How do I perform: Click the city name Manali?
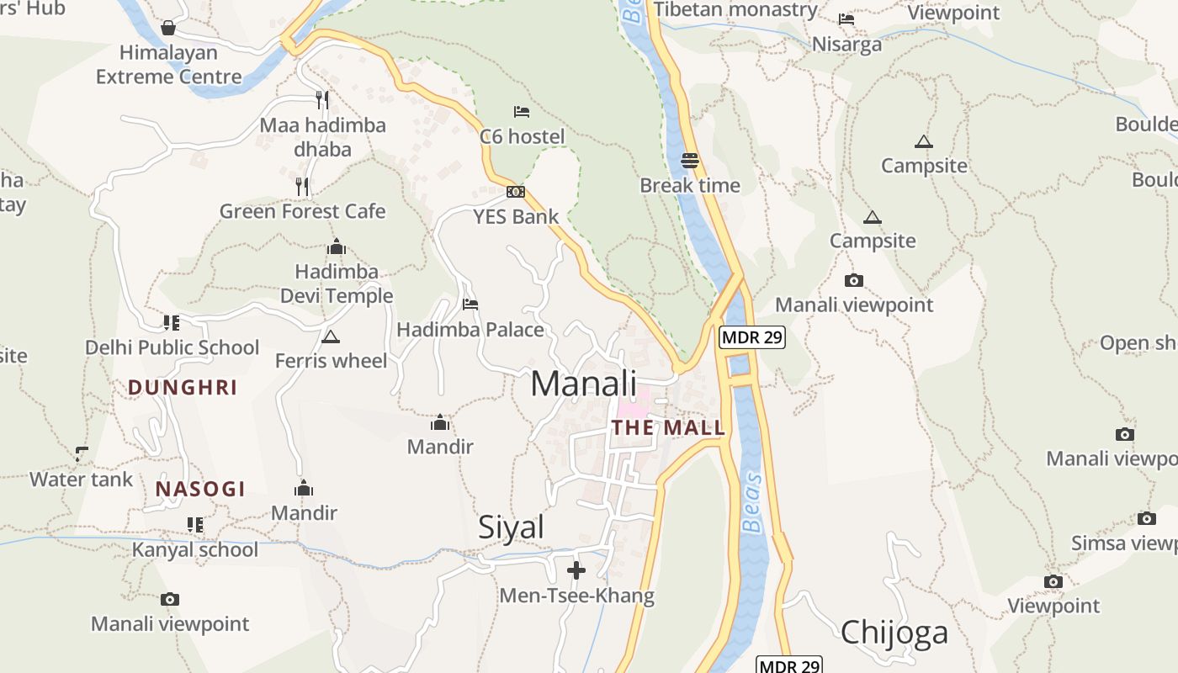583,384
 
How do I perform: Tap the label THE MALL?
668,427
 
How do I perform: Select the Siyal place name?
511,527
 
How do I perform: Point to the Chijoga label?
894,632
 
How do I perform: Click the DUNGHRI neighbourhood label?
183,388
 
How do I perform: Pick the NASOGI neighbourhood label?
200,489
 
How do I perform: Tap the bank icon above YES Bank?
516,192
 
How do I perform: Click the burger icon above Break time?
690,160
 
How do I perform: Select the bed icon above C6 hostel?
522,111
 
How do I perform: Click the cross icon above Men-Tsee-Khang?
576,571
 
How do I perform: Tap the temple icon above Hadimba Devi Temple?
337,247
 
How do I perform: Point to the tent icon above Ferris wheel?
331,337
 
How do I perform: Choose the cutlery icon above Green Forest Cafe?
303,186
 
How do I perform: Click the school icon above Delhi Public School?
172,322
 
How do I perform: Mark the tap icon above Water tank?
82,454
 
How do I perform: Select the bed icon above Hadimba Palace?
470,304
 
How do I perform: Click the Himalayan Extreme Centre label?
168,65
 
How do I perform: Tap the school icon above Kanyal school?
195,525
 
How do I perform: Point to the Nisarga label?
846,44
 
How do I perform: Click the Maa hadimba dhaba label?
323,137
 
